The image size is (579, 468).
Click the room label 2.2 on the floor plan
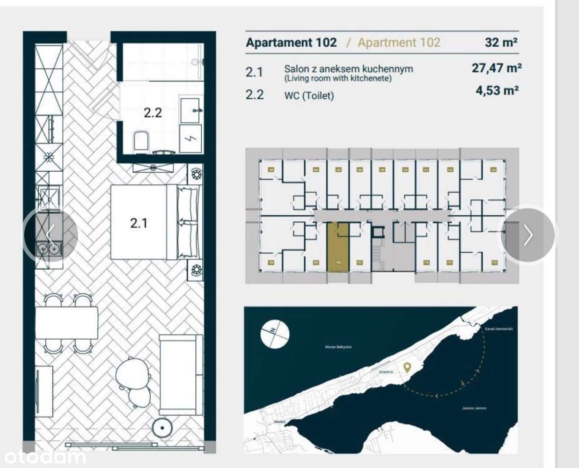click(x=153, y=113)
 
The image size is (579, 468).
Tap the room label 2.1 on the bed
click(x=139, y=223)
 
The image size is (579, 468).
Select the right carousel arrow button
click(x=528, y=235)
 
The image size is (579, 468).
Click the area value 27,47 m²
click(x=497, y=68)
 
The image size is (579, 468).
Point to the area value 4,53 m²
click(x=497, y=91)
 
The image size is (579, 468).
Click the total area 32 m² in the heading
click(x=501, y=43)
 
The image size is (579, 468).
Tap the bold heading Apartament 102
click(x=291, y=43)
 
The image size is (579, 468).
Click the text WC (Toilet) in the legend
click(x=309, y=96)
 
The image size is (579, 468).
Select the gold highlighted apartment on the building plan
click(x=338, y=247)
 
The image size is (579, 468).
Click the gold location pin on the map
click(x=407, y=367)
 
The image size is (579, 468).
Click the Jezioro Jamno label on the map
click(x=474, y=408)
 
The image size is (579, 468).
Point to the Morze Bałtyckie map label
click(x=338, y=347)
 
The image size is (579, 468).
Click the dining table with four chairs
click(x=67, y=323)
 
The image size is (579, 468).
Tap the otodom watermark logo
click(x=45, y=456)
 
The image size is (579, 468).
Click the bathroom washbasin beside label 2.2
click(x=191, y=110)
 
